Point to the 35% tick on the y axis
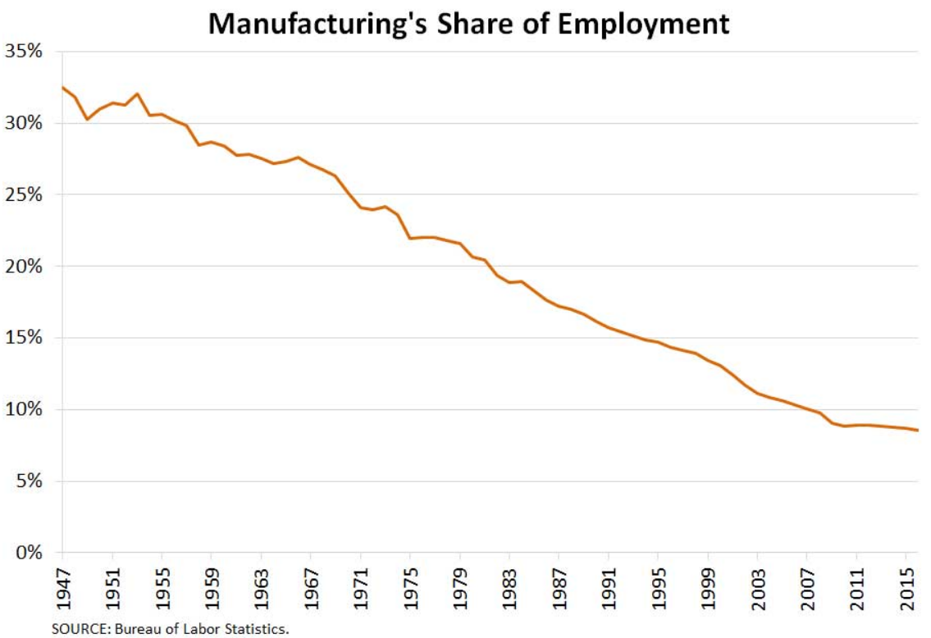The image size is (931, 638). click(27, 52)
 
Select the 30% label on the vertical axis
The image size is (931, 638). click(27, 123)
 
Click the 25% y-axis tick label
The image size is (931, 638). click(27, 194)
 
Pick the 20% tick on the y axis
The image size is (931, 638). click(27, 267)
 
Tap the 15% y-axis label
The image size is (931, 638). click(27, 338)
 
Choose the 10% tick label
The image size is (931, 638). click(27, 409)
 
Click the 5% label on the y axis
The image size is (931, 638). click(32, 481)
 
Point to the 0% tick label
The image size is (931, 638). click(32, 552)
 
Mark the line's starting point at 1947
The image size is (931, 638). click(63, 87)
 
